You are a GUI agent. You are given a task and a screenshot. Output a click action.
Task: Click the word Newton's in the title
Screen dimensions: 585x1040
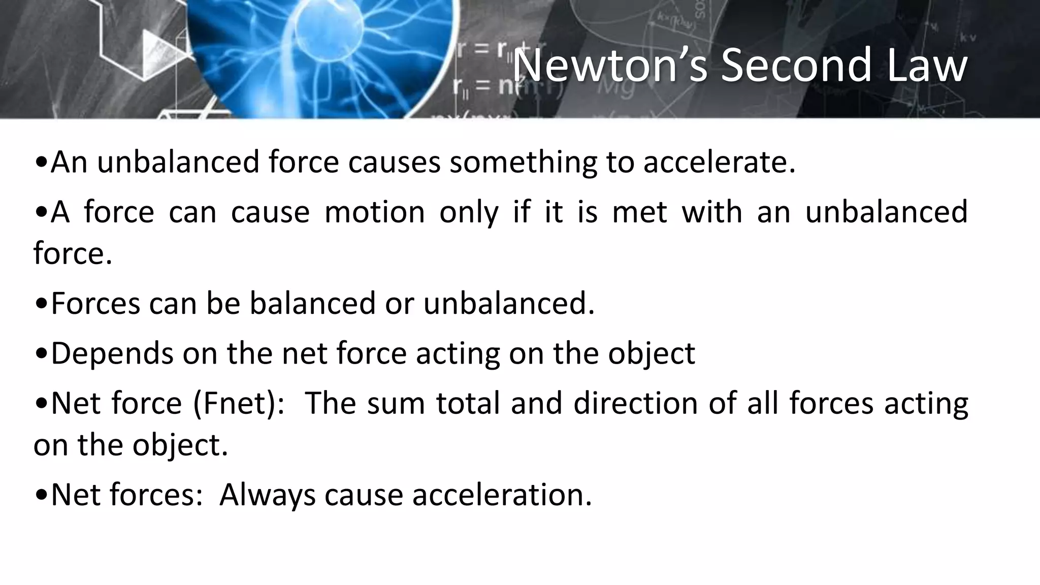tap(609, 66)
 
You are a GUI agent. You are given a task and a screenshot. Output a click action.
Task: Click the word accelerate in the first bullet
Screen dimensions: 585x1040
tap(719, 162)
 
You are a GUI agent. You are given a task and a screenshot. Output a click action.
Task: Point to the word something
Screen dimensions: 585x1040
tap(523, 162)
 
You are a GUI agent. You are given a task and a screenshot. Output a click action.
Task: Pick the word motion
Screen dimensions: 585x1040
tap(374, 212)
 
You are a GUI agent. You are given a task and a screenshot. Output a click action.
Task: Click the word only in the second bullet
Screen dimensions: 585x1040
tap(468, 212)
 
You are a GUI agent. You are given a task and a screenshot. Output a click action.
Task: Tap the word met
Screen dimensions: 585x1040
tap(639, 212)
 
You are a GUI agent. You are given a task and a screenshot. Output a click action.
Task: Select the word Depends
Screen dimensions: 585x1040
tap(112, 353)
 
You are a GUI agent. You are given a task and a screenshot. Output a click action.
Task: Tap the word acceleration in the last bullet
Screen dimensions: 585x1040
tap(502, 495)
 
